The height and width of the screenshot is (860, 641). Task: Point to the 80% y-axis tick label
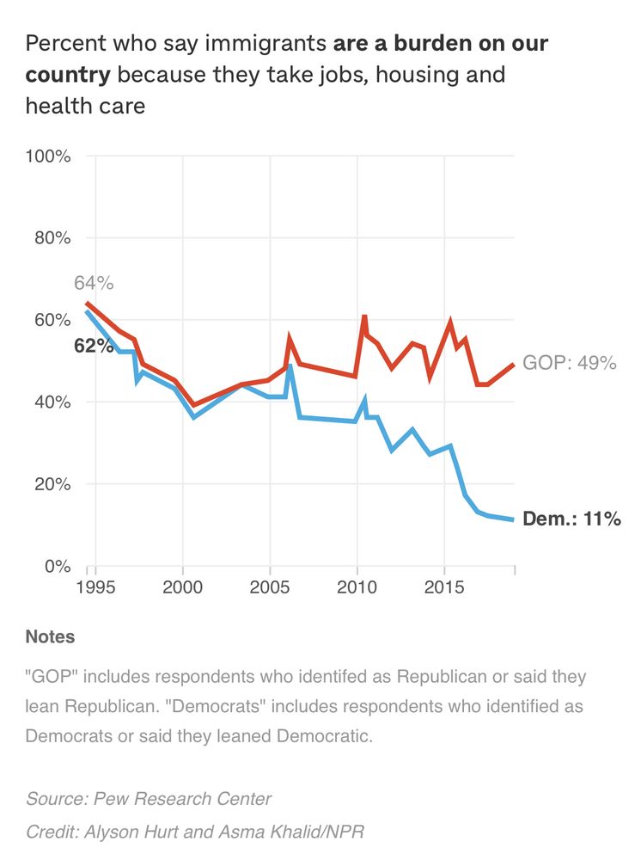point(52,238)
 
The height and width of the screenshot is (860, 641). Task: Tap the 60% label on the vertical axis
point(52,320)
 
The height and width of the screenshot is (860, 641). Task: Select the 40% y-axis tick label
point(52,402)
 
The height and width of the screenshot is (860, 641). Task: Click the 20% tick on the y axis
point(52,484)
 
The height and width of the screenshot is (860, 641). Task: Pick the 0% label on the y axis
point(56,567)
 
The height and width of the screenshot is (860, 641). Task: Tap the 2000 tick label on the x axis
point(183,587)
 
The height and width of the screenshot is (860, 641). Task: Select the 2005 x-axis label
point(270,587)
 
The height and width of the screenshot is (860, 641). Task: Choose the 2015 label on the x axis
point(443,587)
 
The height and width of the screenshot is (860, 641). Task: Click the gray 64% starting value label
point(94,283)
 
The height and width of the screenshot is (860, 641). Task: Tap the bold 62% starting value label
point(94,347)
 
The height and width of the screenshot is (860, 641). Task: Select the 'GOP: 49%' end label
point(569,363)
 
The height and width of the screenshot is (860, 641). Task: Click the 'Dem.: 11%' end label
point(571,519)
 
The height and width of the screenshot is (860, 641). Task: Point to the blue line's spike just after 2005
point(290,367)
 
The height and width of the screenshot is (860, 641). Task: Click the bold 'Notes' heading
point(50,637)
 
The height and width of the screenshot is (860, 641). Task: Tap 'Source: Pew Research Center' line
point(149,799)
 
